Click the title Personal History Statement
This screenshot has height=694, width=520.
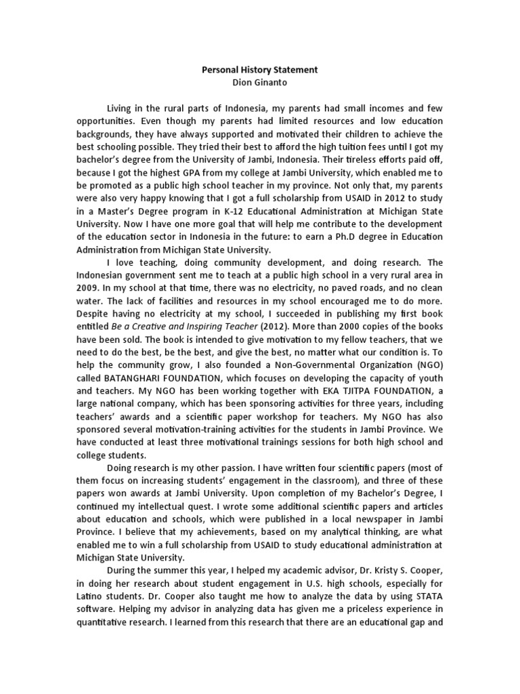click(260, 70)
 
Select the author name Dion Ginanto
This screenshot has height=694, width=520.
click(260, 83)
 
